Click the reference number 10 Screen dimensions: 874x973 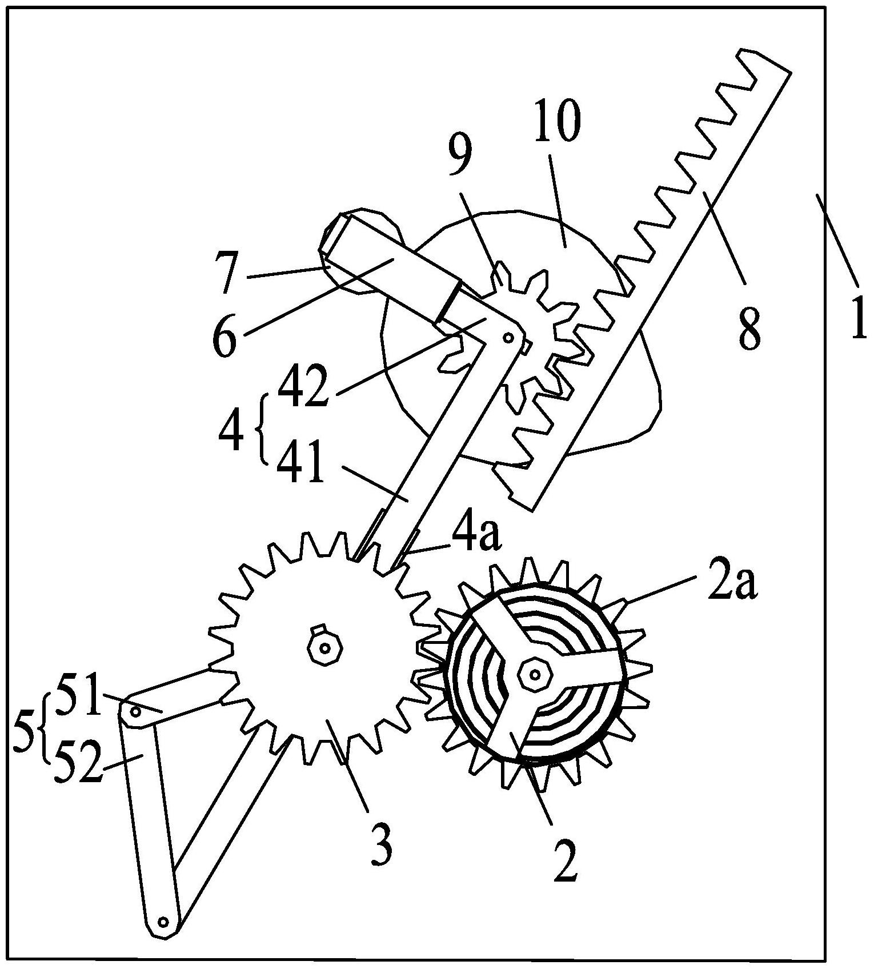[558, 121]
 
